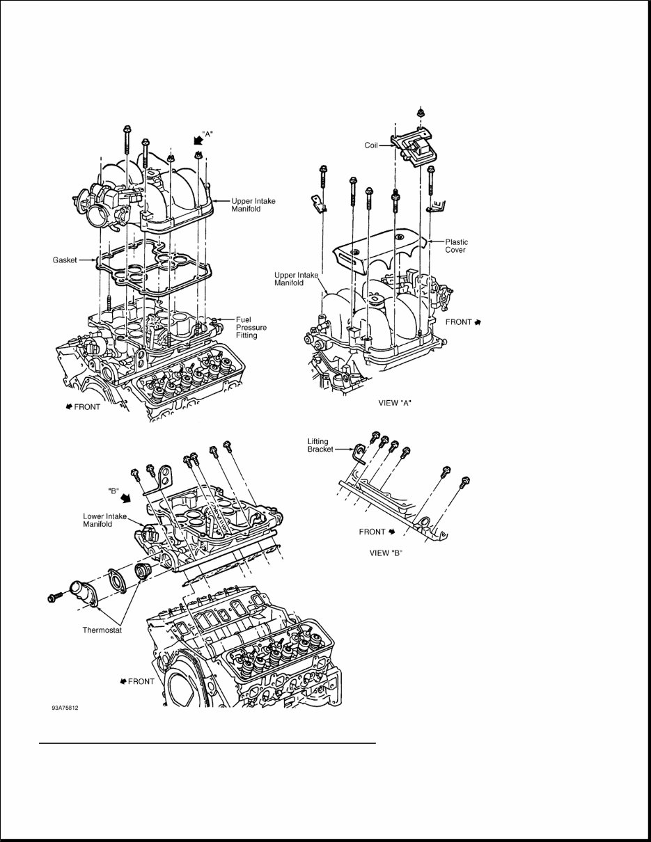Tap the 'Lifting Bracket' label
(322, 445)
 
